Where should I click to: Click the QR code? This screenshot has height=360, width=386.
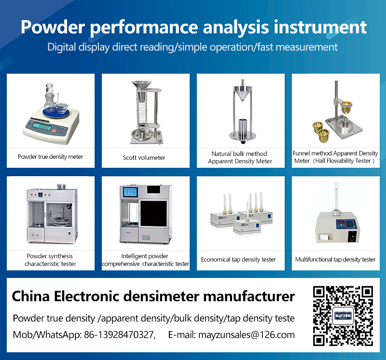pyautogui.click(x=343, y=316)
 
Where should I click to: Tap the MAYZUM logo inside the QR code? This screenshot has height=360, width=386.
pyautogui.click(x=343, y=316)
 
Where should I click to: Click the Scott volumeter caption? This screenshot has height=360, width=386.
pyautogui.click(x=144, y=158)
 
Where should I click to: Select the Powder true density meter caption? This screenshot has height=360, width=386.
pyautogui.click(x=51, y=157)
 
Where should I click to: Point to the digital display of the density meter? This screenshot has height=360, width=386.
pyautogui.click(x=42, y=127)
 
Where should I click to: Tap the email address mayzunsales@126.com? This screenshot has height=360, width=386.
pyautogui.click(x=247, y=335)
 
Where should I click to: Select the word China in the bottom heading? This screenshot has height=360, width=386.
pyautogui.click(x=31, y=296)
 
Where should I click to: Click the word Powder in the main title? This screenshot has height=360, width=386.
pyautogui.click(x=53, y=27)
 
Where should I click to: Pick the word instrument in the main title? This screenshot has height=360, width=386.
pyautogui.click(x=320, y=27)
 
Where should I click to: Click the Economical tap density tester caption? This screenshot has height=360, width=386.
pyautogui.click(x=238, y=260)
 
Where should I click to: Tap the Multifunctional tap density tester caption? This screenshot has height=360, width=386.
pyautogui.click(x=335, y=260)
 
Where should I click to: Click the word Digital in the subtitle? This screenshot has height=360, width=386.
pyautogui.click(x=62, y=47)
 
